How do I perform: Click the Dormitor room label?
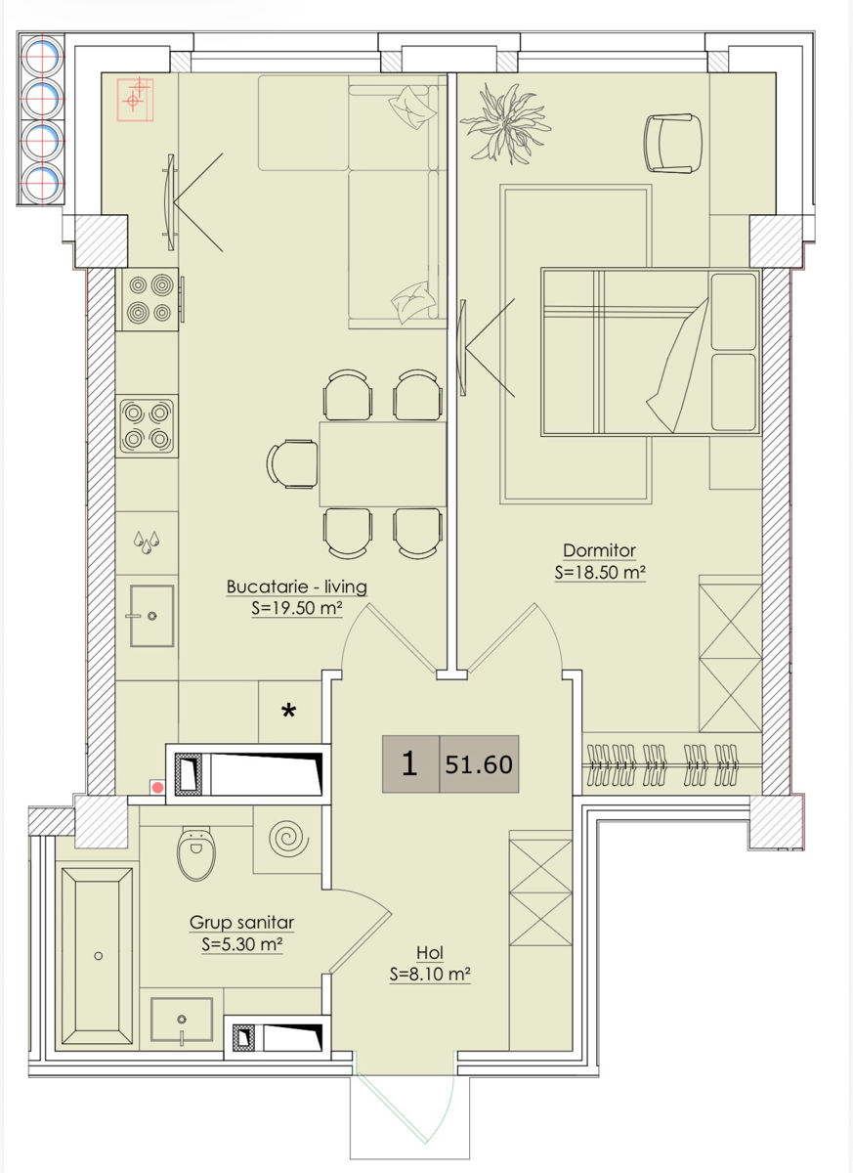tap(599, 550)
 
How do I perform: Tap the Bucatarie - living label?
tap(297, 586)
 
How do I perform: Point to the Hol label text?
tap(430, 952)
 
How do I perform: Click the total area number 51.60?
tap(479, 764)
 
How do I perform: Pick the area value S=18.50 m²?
tap(600, 573)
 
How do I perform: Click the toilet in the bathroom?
tap(196, 853)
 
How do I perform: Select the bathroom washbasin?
tap(182, 1019)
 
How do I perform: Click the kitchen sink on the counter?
tap(151, 616)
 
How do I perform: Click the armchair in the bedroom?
tap(672, 143)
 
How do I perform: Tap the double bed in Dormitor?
tap(651, 352)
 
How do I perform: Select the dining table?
tap(383, 464)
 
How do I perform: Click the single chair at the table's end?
tap(292, 464)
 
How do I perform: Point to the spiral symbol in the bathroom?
tap(288, 840)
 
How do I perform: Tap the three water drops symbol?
tap(147, 543)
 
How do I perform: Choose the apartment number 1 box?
tap(410, 764)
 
